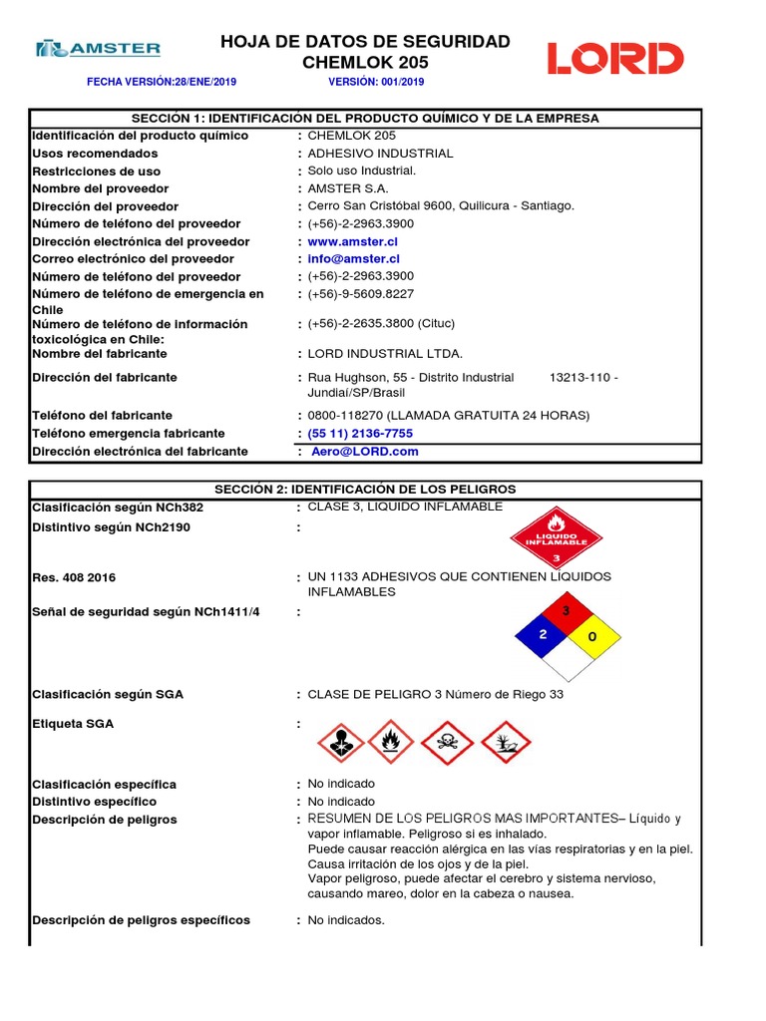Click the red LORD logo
(x=614, y=59)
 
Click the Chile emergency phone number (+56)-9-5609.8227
(x=360, y=294)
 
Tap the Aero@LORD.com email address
(x=365, y=452)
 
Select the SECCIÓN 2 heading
(x=366, y=490)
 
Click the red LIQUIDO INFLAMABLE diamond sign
(x=557, y=539)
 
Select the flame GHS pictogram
(x=391, y=744)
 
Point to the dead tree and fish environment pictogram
(x=506, y=744)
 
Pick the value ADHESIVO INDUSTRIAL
(x=380, y=154)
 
